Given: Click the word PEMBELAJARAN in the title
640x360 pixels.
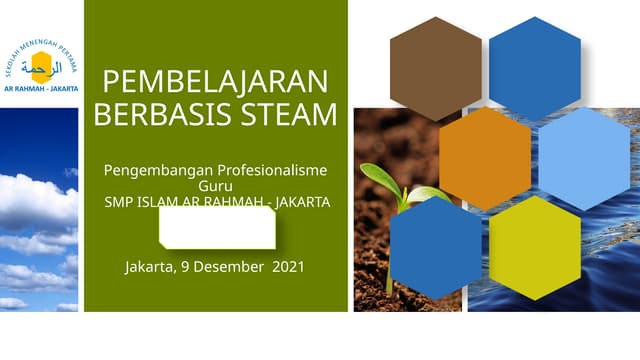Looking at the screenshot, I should tap(216, 81).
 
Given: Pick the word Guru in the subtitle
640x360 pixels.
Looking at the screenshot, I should tap(216, 186).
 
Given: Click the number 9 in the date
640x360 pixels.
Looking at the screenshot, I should tap(183, 267).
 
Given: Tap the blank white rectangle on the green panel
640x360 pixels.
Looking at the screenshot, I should tap(217, 228).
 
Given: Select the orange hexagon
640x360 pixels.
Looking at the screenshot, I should tap(485, 157).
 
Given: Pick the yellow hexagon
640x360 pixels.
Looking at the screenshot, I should tap(535, 247).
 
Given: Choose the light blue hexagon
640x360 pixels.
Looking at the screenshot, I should tap(585, 157).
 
